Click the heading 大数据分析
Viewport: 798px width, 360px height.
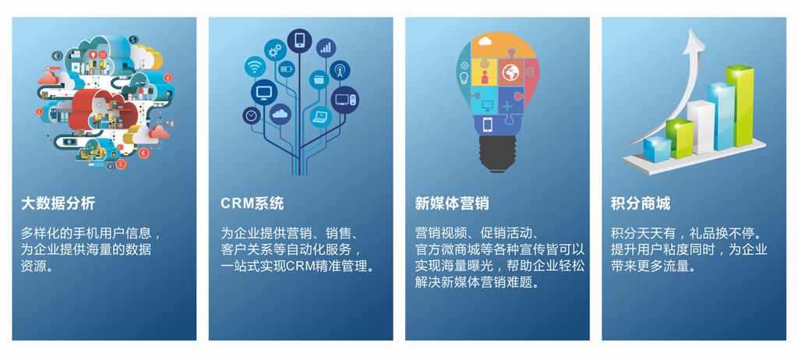point(58,203)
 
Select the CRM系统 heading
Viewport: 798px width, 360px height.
point(252,203)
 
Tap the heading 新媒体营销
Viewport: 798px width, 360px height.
point(452,203)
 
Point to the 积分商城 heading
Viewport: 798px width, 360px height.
point(641,203)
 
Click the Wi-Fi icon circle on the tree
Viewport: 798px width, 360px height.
point(255,67)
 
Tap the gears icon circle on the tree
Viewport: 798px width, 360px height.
point(275,50)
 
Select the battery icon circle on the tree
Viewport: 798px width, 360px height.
point(287,69)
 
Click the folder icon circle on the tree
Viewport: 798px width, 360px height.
point(319,79)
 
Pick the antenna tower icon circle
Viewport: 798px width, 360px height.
point(340,70)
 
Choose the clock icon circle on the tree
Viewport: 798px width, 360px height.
point(252,115)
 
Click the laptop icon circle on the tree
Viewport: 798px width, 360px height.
point(320,117)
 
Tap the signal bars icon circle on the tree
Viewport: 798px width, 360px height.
point(326,48)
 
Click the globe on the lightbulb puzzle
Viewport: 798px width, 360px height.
point(510,72)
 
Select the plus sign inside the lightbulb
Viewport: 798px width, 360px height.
point(507,106)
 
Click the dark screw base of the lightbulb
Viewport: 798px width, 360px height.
point(497,154)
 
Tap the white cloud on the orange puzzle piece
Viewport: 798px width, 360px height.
point(484,41)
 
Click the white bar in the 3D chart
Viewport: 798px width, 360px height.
point(701,127)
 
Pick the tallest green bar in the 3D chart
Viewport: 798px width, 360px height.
point(740,105)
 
